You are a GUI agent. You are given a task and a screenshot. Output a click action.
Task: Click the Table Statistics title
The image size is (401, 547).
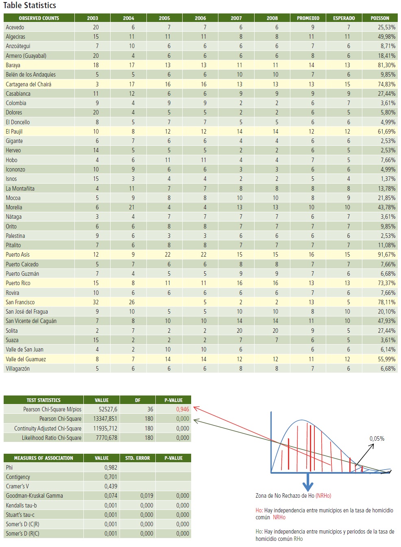coord(29,5)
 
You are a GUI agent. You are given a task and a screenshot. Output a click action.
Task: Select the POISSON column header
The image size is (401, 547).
coord(379,18)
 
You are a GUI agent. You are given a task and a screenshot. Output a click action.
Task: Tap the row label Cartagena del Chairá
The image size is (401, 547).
coord(28,84)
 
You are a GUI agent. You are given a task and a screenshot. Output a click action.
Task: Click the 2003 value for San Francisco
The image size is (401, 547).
coord(96,302)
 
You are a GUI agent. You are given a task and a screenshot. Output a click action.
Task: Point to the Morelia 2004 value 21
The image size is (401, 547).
coord(131,207)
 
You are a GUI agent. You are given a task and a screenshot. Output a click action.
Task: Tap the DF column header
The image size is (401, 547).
coord(137,400)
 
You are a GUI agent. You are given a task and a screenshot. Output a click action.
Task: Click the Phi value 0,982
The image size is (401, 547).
coord(111,468)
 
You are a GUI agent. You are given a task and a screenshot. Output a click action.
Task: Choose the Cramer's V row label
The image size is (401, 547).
coord(17,486)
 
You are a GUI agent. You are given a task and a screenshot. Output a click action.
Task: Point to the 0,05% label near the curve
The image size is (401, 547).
coord(377,439)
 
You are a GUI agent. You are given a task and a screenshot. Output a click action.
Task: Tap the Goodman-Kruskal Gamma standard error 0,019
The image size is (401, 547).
coord(147,496)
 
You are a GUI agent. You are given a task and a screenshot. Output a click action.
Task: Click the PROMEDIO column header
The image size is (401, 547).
coord(308,18)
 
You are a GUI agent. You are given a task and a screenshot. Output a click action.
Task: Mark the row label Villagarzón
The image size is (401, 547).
coord(17,369)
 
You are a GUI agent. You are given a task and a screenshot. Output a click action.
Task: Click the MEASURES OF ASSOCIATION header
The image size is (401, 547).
coord(44,458)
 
